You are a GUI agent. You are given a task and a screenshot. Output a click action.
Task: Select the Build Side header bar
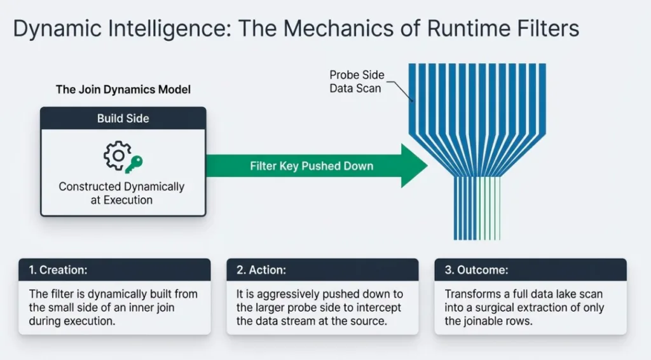(x=123, y=118)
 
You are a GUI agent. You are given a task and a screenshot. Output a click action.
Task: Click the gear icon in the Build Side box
(x=116, y=156)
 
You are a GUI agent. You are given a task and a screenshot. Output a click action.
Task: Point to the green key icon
(x=134, y=164)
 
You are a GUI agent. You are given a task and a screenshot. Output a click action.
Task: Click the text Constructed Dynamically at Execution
(x=121, y=193)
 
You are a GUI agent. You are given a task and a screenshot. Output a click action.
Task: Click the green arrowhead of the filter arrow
(x=413, y=166)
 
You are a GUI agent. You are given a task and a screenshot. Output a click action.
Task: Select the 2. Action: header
(x=261, y=270)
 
